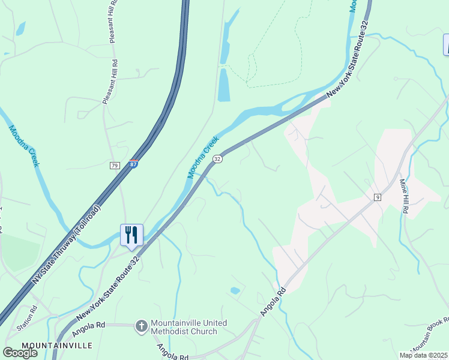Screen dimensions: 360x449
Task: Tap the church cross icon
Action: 141,326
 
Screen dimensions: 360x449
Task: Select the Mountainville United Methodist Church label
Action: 188,327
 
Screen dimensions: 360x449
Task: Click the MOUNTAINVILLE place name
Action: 57,346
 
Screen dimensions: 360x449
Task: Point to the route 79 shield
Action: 115,165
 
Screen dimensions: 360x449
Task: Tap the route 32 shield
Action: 217,158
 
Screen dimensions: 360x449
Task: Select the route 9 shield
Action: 378,197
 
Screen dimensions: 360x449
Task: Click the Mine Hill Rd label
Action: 405,195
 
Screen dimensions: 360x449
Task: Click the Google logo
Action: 20,352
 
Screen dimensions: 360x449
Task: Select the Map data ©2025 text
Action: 423,355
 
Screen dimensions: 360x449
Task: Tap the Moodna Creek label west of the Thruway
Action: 23,147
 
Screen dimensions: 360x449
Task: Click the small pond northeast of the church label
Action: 235,290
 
